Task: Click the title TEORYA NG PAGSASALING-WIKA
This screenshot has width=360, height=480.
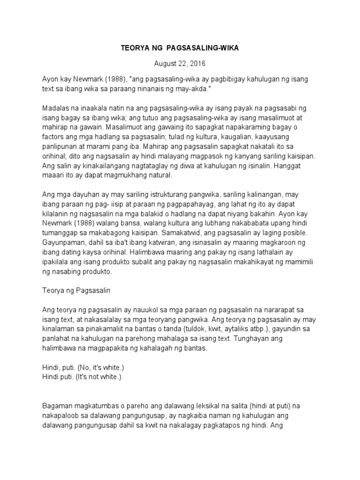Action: click(x=180, y=48)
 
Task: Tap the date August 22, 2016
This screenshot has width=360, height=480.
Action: click(x=180, y=63)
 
